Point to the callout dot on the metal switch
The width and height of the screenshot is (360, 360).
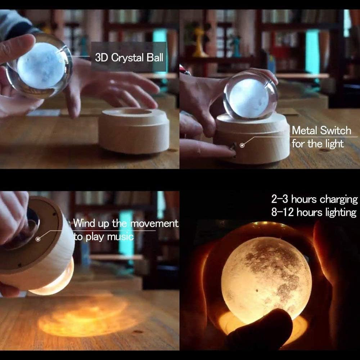[x=242, y=145]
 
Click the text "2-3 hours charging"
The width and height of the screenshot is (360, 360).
[x=314, y=199]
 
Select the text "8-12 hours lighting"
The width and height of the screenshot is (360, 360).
[x=314, y=212]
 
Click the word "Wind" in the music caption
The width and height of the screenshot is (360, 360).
[x=82, y=223]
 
